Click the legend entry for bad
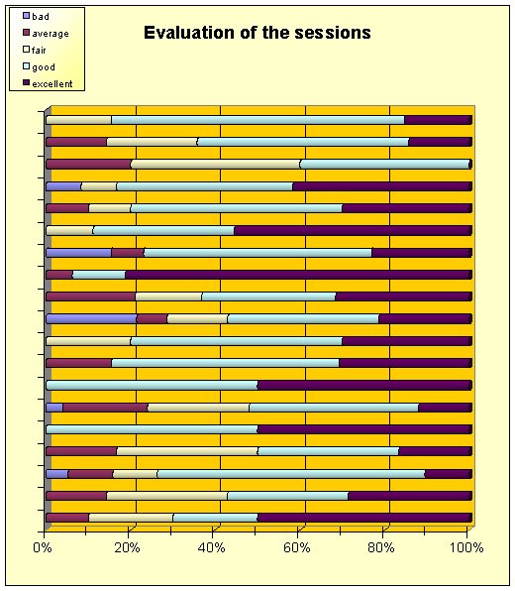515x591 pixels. tap(36, 16)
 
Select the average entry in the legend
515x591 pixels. tap(46, 33)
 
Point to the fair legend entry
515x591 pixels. tap(35, 50)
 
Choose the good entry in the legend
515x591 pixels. tap(40, 67)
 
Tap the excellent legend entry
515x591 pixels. tap(48, 83)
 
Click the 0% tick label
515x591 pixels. tap(43, 547)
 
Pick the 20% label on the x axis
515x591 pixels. tap(127, 547)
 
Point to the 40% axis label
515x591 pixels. tap(212, 547)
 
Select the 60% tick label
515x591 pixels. tap(297, 547)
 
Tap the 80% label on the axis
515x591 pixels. tap(381, 547)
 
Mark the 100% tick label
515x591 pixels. tap(466, 547)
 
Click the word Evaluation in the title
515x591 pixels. tap(189, 33)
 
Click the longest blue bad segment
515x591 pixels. tap(91, 319)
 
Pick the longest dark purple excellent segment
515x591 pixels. tap(298, 275)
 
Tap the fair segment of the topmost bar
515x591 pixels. tap(78, 120)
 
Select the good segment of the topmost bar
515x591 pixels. tap(257, 120)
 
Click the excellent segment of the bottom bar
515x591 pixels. tap(364, 518)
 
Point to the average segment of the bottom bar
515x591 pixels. tap(67, 518)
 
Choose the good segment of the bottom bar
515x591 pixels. tap(215, 518)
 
